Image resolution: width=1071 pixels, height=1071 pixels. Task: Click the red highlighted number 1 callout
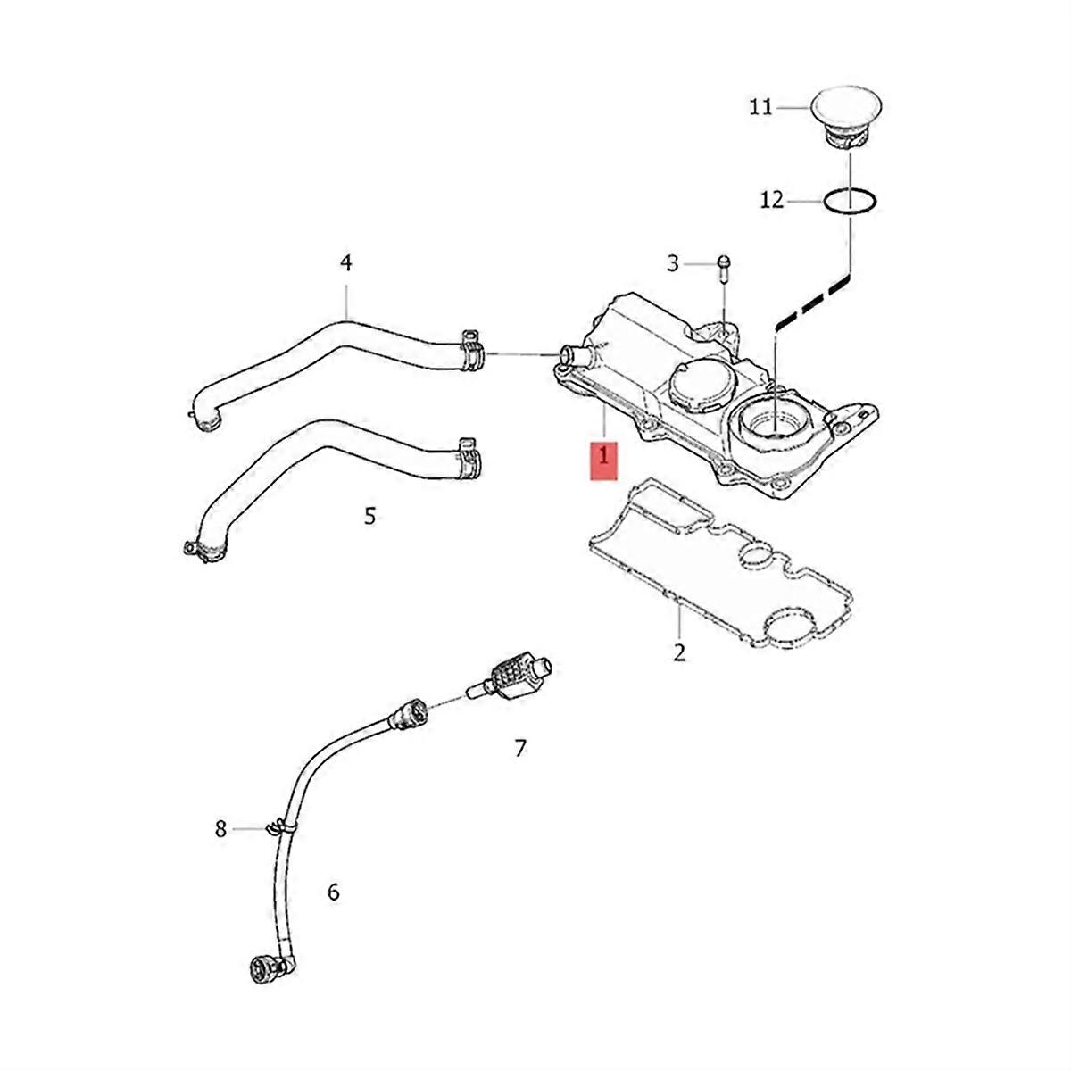click(604, 456)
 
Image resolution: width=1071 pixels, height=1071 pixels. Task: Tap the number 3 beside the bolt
click(674, 262)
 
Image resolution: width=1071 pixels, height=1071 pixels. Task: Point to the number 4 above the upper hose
click(346, 262)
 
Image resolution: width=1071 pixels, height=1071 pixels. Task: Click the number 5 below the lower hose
click(369, 515)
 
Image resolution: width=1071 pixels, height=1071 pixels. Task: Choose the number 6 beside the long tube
click(333, 892)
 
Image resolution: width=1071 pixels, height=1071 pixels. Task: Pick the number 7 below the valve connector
click(520, 748)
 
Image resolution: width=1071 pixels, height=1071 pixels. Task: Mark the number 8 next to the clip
click(221, 829)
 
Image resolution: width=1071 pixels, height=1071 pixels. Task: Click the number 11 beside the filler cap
click(760, 107)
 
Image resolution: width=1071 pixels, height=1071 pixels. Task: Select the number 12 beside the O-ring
click(771, 200)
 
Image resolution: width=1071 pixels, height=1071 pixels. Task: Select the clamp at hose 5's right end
click(469, 454)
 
